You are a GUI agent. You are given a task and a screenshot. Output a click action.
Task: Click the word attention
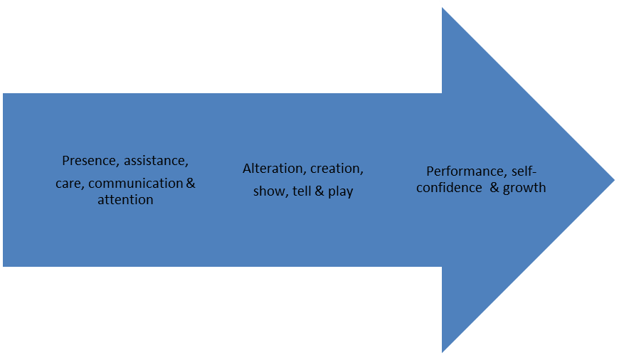[125, 200]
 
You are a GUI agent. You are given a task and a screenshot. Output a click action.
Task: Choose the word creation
[337, 169]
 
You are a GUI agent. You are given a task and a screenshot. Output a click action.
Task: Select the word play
[340, 192]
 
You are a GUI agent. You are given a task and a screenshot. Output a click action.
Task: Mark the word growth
[524, 189]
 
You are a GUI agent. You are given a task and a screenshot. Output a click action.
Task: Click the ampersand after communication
[191, 184]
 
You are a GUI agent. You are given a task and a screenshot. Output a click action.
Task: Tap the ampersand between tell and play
[319, 192]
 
